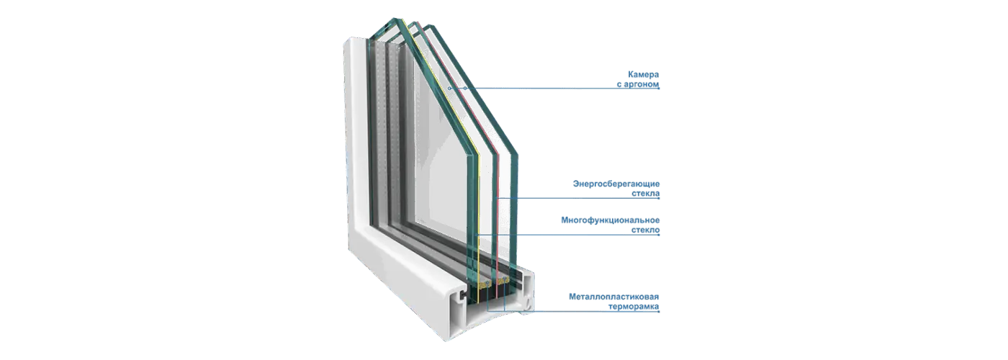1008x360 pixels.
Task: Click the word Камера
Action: (643, 74)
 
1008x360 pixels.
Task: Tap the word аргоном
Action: (642, 85)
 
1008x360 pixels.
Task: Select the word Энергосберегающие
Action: (616, 184)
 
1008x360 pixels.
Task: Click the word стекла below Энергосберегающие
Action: (645, 194)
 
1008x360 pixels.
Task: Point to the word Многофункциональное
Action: (611, 220)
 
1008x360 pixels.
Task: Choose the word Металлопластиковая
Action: (613, 297)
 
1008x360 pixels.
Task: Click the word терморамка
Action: (634, 307)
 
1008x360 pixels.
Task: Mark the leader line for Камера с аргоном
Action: (554, 88)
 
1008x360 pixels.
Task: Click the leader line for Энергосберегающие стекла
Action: (577, 198)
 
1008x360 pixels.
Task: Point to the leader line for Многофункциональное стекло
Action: (568, 235)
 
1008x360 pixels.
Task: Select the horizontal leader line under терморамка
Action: (573, 311)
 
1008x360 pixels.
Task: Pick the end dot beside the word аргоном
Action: (659, 88)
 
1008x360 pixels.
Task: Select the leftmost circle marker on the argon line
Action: (449, 88)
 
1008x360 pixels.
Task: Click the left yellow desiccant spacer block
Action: (485, 284)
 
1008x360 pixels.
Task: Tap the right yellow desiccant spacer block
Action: (504, 282)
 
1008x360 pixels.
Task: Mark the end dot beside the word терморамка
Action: (659, 311)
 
